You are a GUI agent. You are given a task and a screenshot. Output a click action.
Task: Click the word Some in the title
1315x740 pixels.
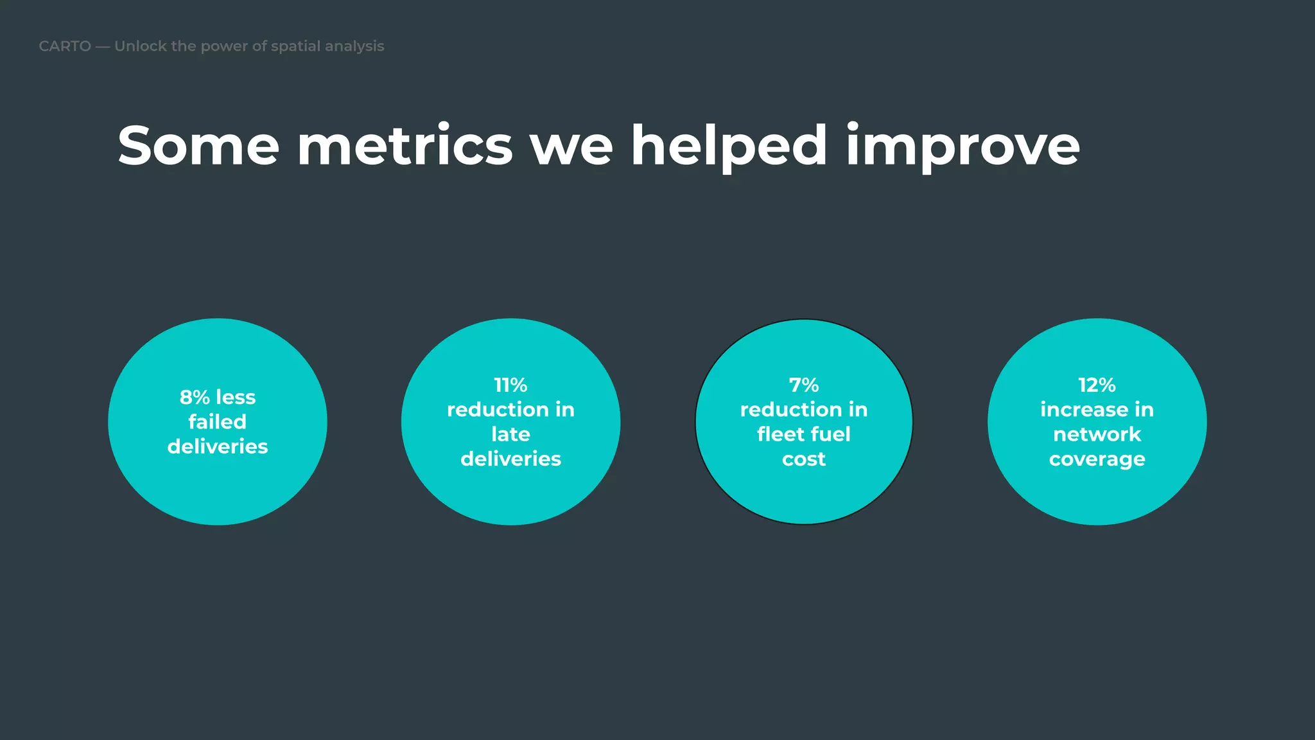pos(198,146)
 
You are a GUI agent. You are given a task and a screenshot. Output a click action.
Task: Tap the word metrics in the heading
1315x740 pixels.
pos(405,146)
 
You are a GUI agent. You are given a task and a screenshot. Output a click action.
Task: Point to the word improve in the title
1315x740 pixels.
pos(962,146)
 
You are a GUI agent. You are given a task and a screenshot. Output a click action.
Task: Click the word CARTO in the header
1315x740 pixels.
pos(65,46)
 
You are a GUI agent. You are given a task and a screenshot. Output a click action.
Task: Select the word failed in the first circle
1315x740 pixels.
pos(218,421)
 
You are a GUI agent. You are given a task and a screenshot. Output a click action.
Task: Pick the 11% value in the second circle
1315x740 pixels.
pos(510,385)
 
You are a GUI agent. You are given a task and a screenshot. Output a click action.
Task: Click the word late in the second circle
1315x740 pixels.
pos(510,434)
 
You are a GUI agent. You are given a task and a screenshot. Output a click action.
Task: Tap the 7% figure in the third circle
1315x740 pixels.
pos(804,385)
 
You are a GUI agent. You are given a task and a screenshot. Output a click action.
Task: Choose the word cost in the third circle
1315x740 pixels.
pos(804,459)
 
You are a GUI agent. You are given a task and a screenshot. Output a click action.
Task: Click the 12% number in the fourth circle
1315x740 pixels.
pos(1097,385)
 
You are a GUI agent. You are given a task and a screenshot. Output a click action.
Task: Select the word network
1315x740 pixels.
pos(1097,434)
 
